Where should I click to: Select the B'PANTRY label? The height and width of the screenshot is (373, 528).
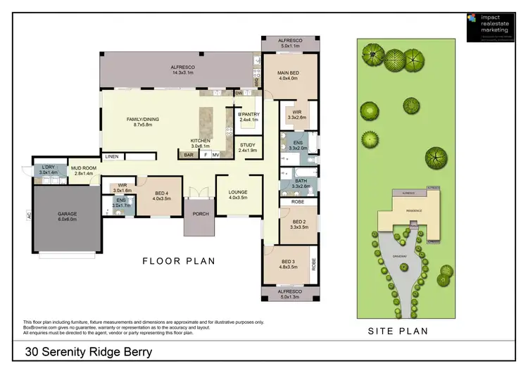(249, 114)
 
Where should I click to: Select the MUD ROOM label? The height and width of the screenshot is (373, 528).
(83, 167)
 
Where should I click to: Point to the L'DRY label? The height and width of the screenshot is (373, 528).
(47, 167)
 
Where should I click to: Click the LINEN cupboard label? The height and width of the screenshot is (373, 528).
(112, 156)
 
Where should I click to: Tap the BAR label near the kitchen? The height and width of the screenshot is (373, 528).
(188, 155)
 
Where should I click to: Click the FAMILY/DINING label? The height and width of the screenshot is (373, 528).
(143, 119)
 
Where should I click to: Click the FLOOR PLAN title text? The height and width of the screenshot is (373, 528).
(179, 261)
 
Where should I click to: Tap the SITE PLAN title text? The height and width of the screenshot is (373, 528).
(398, 331)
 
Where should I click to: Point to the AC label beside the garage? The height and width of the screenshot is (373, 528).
(30, 216)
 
